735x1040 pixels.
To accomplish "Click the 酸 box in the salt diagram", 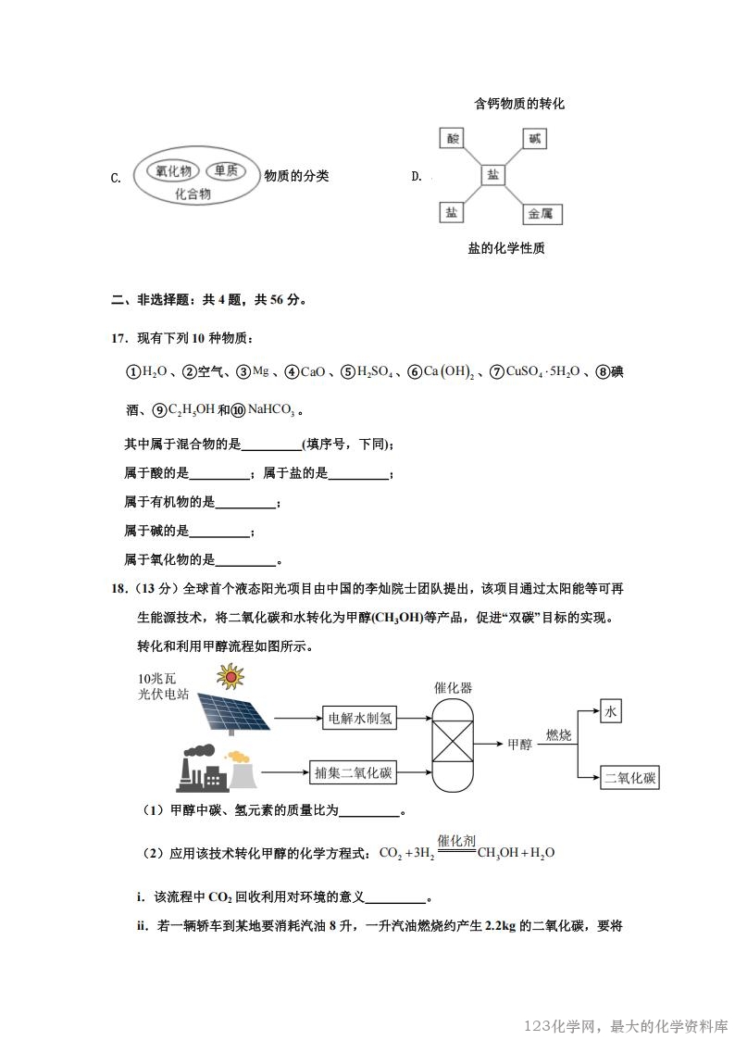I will tap(452, 139).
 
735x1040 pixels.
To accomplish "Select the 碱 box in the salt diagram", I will tap(534, 139).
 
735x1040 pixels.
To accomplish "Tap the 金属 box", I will tap(540, 214).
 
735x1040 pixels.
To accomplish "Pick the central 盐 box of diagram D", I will tap(493, 175).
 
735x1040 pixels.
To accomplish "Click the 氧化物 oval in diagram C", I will tap(173, 170).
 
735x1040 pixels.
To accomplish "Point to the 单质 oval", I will tap(225, 170).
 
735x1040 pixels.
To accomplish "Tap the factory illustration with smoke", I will tap(212, 767).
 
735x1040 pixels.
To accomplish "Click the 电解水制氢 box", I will tap(360, 718).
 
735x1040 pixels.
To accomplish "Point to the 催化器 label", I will tap(453, 688).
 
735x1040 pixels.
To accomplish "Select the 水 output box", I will tap(610, 711).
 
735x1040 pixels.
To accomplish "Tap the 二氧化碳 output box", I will tap(629, 778).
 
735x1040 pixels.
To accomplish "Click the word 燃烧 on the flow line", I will tap(559, 734).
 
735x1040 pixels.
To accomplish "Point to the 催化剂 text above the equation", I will tap(456, 840).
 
